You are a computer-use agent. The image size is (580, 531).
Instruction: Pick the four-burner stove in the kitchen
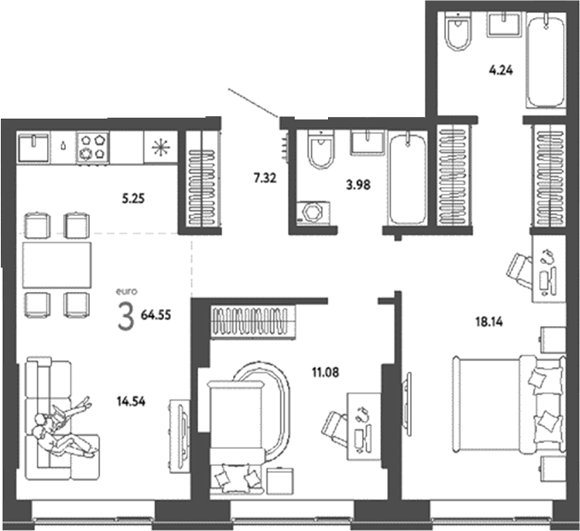tap(93, 146)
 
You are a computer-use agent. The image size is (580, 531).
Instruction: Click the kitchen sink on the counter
tap(38, 147)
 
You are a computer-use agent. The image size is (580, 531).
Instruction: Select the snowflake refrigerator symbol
tap(159, 146)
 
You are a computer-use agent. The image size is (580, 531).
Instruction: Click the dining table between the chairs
tap(56, 264)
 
